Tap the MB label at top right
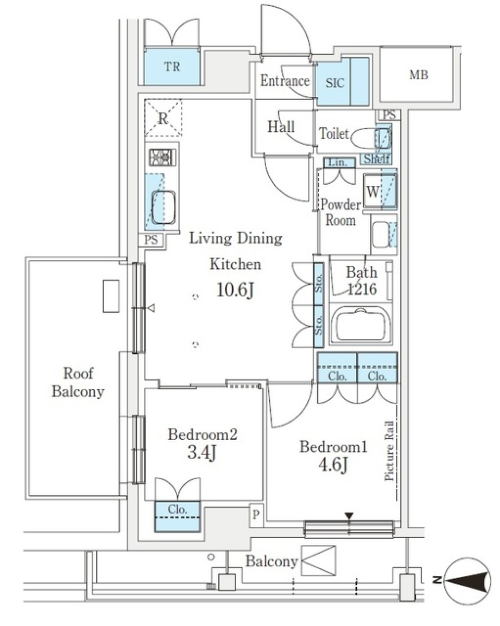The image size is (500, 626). pyautogui.click(x=418, y=75)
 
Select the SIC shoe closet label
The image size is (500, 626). pyautogui.click(x=335, y=83)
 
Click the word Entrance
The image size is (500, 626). pyautogui.click(x=285, y=81)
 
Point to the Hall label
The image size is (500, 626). pyautogui.click(x=281, y=126)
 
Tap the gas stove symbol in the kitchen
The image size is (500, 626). pyautogui.click(x=162, y=157)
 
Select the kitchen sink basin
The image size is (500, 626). pyautogui.click(x=164, y=207)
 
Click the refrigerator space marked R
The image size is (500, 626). pyautogui.click(x=163, y=118)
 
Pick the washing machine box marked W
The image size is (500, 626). pyautogui.click(x=373, y=191)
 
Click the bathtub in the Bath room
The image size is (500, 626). pyautogui.click(x=360, y=325)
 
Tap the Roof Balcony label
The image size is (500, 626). pyautogui.click(x=78, y=382)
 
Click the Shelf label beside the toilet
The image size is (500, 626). pyautogui.click(x=376, y=159)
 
